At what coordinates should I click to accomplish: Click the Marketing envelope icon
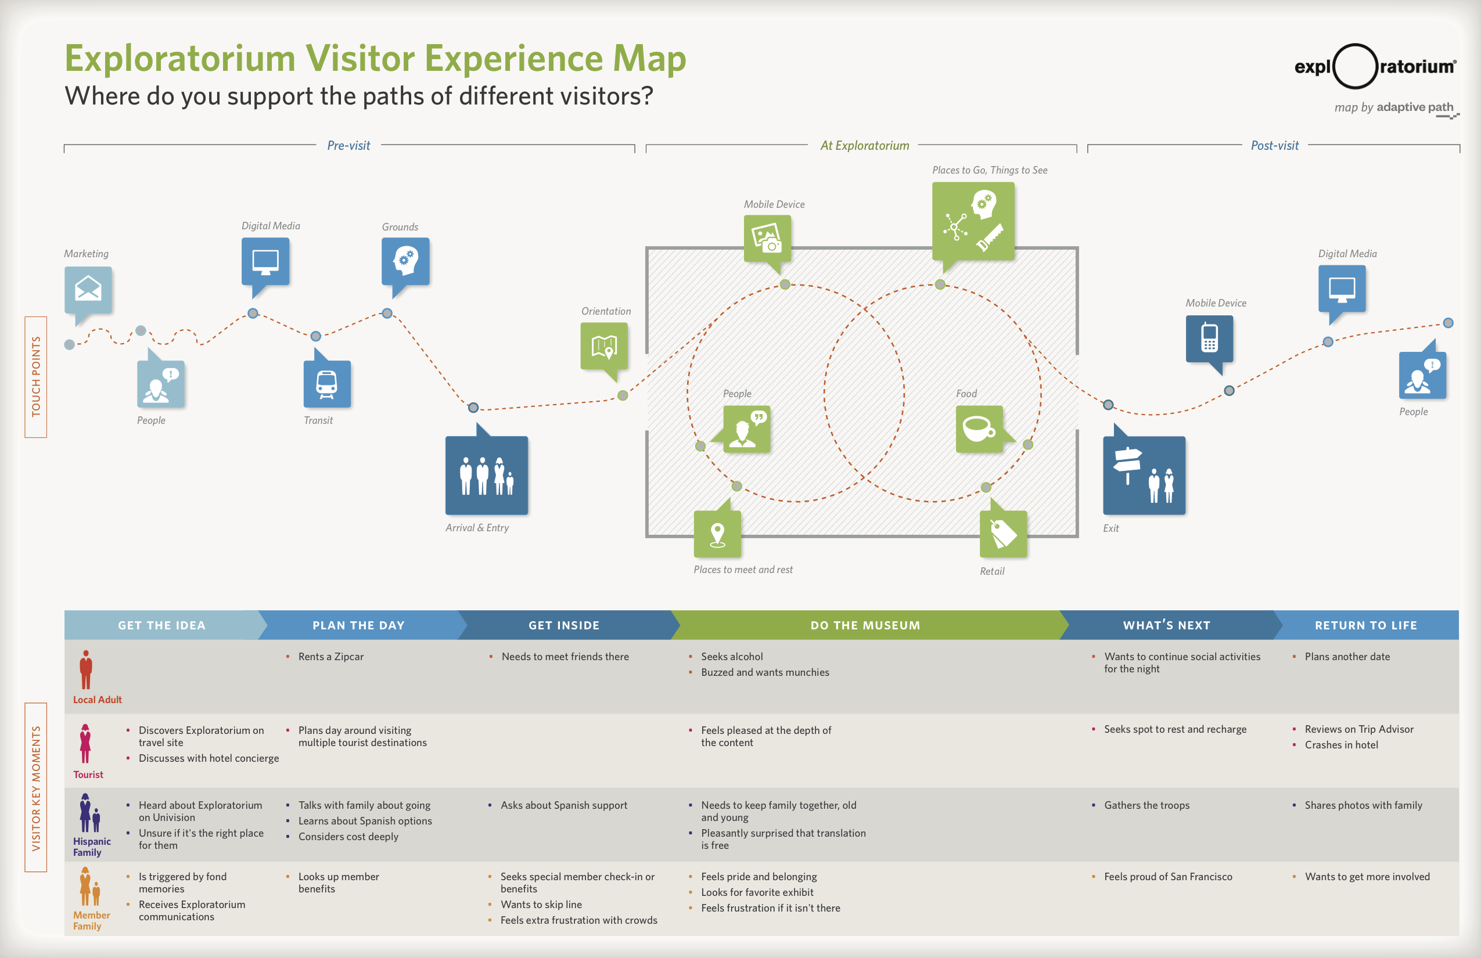point(88,289)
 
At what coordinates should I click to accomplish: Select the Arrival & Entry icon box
point(487,476)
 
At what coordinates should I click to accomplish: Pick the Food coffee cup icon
point(979,428)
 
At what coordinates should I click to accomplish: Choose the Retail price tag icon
point(1003,534)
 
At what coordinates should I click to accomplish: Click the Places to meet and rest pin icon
point(717,534)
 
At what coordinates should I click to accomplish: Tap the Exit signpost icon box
point(1144,476)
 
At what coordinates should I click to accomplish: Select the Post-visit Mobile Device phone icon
point(1210,338)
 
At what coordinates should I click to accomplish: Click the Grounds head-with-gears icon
point(406,261)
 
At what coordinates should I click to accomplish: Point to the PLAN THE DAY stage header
point(359,625)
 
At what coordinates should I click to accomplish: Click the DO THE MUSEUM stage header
point(865,625)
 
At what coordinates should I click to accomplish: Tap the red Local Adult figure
point(86,670)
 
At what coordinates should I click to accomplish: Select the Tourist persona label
point(88,775)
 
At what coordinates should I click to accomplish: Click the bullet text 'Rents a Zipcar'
point(331,656)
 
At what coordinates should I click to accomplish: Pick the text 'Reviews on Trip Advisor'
point(1359,729)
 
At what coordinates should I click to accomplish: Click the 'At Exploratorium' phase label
point(864,146)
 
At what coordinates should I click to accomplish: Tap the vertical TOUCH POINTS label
point(36,377)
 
